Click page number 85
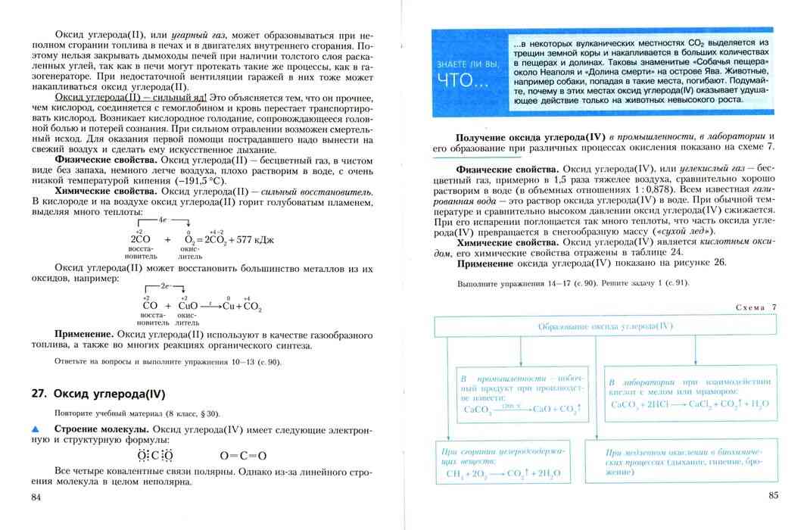[772, 496]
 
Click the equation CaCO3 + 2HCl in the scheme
[689, 404]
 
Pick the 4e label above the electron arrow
[162, 218]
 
